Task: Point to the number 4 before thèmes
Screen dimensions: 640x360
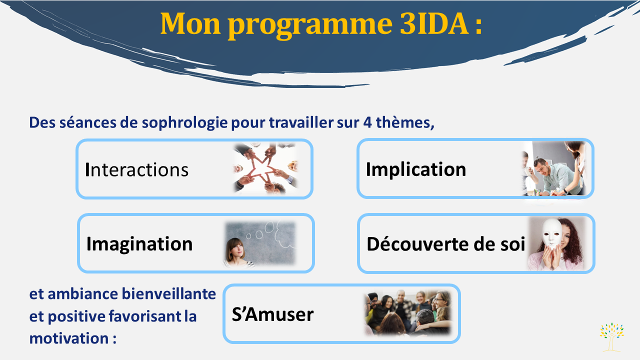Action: click(367, 122)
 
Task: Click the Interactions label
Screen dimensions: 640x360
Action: click(136, 169)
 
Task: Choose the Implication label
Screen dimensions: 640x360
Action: click(415, 169)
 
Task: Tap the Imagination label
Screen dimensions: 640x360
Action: click(139, 244)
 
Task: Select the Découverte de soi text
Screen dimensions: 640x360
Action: click(445, 244)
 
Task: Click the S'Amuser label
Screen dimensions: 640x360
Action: click(272, 314)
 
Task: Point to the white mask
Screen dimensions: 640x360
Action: click(551, 233)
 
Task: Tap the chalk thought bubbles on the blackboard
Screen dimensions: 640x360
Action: click(271, 234)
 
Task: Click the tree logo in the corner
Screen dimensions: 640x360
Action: click(611, 337)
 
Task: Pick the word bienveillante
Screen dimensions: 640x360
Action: click(169, 294)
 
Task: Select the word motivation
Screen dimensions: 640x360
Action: click(69, 338)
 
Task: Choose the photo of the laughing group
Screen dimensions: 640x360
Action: click(408, 313)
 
